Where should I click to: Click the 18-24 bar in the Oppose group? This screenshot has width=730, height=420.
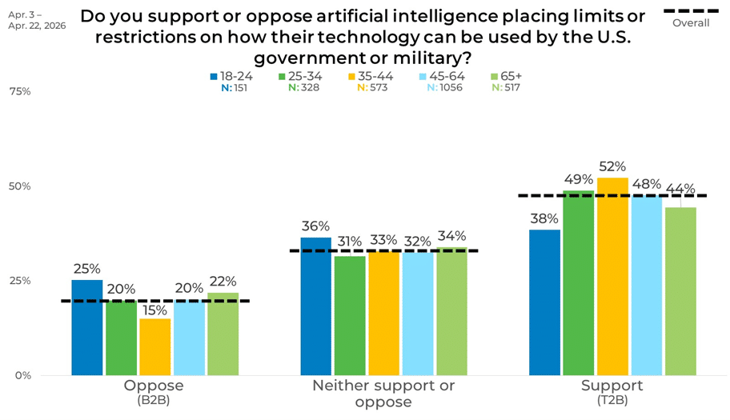coord(87,327)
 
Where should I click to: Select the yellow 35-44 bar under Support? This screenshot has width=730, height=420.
coord(612,276)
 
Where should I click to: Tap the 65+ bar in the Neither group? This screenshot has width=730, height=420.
coord(451,311)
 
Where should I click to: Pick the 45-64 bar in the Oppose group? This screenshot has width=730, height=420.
coord(190,338)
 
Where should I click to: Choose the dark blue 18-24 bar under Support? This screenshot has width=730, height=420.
coord(545,302)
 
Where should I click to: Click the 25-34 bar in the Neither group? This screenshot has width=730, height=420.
coord(350,316)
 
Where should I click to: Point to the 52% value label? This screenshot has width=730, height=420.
coord(612,166)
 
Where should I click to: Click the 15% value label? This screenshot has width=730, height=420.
coord(155,310)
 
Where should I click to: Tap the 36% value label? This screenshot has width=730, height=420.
coord(315,226)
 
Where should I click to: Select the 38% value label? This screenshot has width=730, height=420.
coord(544,218)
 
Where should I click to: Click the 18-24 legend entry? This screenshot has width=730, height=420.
coord(231,76)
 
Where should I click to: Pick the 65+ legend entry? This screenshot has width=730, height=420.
coord(507,76)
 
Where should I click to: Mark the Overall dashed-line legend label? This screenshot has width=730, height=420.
coord(691,22)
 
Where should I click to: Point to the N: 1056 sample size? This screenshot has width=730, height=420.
coord(444,87)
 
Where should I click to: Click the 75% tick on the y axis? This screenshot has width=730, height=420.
coord(20,92)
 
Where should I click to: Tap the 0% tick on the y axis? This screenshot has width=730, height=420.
coord(22,375)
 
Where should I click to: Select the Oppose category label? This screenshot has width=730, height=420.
coord(154,385)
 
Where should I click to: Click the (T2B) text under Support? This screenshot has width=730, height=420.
coord(612,400)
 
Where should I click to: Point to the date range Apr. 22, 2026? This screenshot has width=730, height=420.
coord(37,26)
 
